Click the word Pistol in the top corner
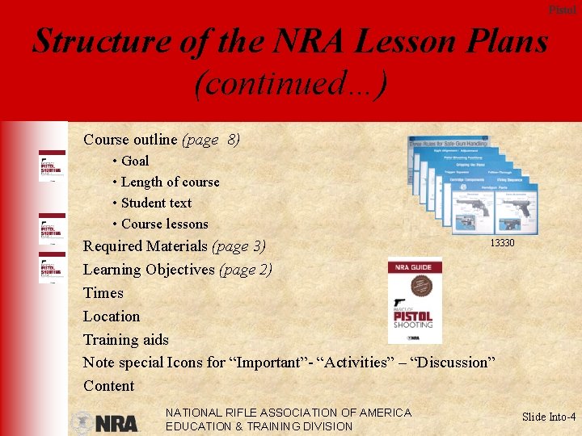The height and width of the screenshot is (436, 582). point(563,10)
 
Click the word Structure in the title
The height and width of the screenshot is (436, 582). point(101,41)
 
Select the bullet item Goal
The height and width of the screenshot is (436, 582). point(134,161)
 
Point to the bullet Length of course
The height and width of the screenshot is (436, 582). point(170,182)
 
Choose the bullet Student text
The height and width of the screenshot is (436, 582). point(156,203)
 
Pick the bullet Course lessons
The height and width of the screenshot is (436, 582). point(164,224)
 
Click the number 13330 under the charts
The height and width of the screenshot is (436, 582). point(501,243)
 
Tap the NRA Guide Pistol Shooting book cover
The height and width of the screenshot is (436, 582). point(415,300)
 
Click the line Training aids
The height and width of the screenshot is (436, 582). point(126,339)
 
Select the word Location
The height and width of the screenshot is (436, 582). point(112,316)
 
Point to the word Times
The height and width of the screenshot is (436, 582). point(103,292)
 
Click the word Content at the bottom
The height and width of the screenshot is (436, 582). point(108,385)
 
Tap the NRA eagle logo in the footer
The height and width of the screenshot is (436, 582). point(103,422)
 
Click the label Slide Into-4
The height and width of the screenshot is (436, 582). point(549,417)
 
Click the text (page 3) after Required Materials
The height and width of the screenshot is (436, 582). point(238,245)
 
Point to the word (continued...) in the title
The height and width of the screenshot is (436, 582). point(290,82)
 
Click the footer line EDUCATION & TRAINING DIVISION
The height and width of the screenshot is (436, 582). point(259,426)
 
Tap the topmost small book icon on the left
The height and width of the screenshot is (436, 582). point(52,168)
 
